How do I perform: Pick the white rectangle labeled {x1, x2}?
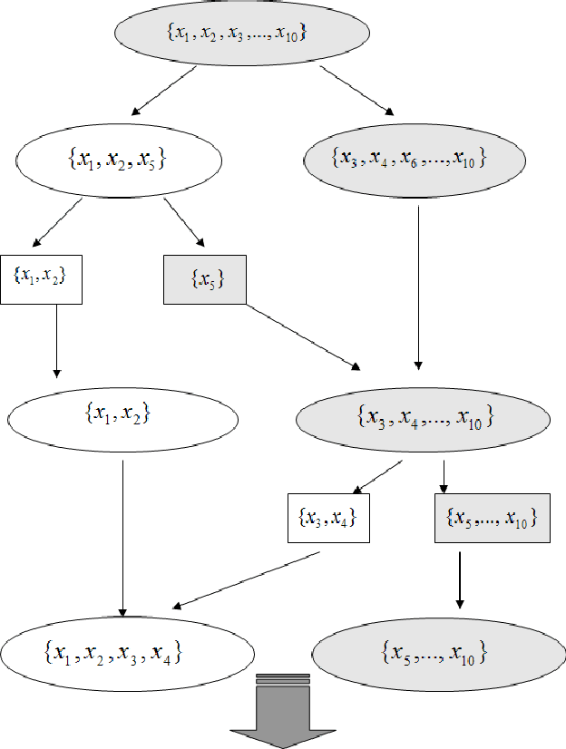click(42, 278)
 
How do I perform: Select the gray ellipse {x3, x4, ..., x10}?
click(424, 418)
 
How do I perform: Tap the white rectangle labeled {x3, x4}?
click(327, 518)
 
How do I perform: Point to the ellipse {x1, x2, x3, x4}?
click(126, 653)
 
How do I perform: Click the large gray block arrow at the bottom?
click(284, 712)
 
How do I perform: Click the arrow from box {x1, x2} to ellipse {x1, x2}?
click(56, 340)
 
